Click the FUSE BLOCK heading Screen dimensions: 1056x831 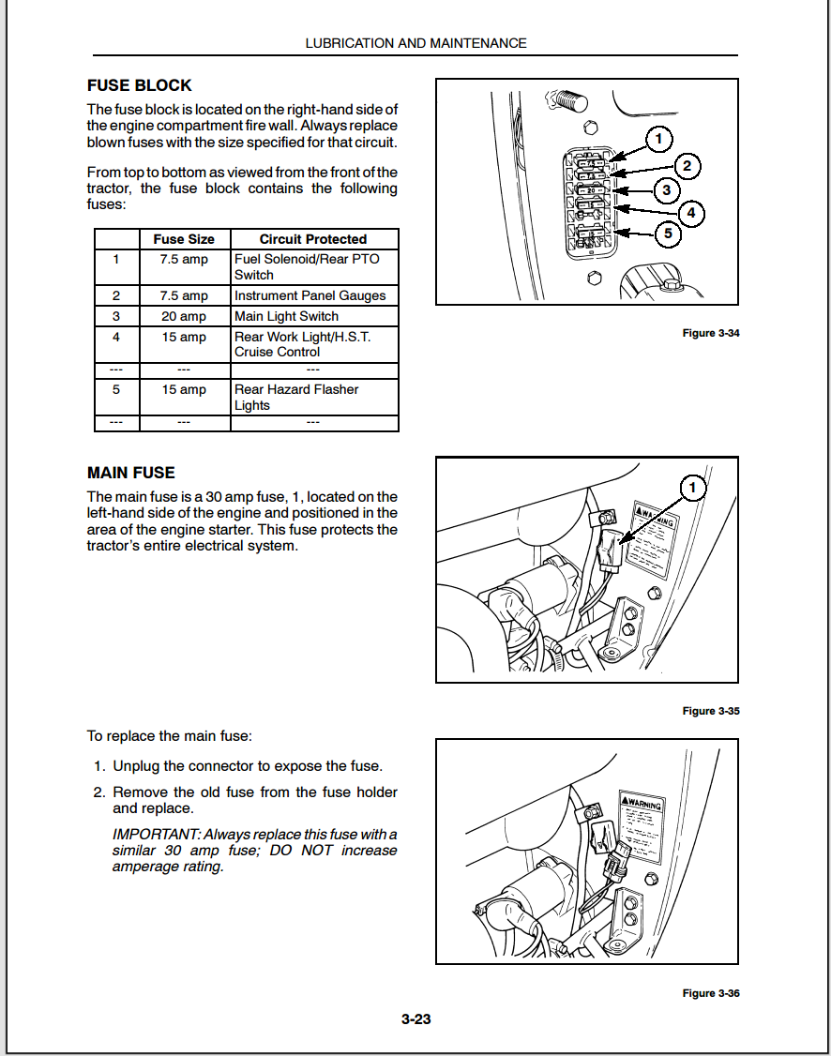click(140, 85)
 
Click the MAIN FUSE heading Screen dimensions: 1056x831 click(131, 473)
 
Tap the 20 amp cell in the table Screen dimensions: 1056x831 click(184, 316)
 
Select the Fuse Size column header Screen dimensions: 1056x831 click(184, 239)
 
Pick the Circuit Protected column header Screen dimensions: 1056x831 click(312, 239)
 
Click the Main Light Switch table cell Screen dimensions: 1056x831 click(286, 316)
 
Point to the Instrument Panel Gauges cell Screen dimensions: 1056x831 click(310, 295)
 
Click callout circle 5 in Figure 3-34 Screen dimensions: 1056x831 click(667, 233)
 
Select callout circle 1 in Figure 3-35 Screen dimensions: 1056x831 click(693, 488)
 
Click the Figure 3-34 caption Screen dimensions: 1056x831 click(711, 334)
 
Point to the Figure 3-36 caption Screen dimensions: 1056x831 click(711, 993)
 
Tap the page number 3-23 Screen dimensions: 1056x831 click(415, 1019)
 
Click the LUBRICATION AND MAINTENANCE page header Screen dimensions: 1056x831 click(415, 43)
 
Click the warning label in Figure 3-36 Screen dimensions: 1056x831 click(642, 826)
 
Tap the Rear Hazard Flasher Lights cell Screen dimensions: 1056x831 click(296, 397)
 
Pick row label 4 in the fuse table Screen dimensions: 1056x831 click(116, 337)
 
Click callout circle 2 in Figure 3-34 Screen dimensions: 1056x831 click(687, 167)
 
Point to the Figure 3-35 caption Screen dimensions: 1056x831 click(711, 711)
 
